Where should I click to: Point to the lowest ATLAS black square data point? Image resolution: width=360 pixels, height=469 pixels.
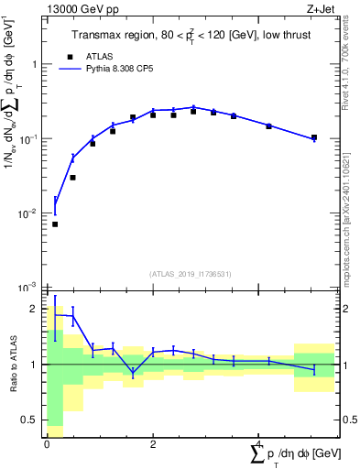(55, 224)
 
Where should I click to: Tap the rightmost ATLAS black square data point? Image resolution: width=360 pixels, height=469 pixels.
(314, 137)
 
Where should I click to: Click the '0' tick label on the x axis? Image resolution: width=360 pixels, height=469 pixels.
(47, 444)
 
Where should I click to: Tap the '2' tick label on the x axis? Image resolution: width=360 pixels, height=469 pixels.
(153, 444)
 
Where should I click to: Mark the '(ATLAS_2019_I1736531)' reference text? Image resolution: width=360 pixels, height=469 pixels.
(191, 274)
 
